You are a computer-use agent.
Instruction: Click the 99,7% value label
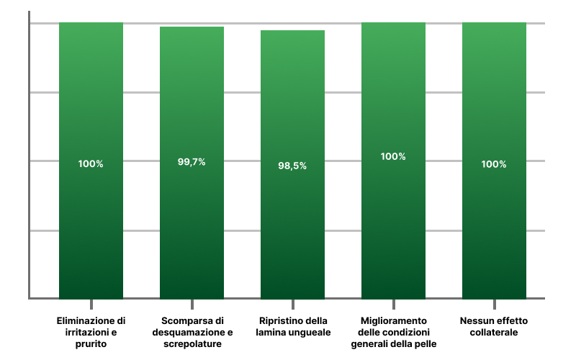click(x=192, y=162)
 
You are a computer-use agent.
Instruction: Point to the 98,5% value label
click(x=292, y=166)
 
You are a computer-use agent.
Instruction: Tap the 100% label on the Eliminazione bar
click(x=91, y=164)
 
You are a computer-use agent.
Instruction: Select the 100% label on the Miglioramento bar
click(x=393, y=156)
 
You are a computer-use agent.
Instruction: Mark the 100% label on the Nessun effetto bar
click(x=494, y=164)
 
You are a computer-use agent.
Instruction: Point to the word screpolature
click(x=192, y=344)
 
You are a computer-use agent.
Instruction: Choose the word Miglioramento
click(x=393, y=320)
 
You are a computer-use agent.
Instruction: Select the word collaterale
click(x=494, y=333)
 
